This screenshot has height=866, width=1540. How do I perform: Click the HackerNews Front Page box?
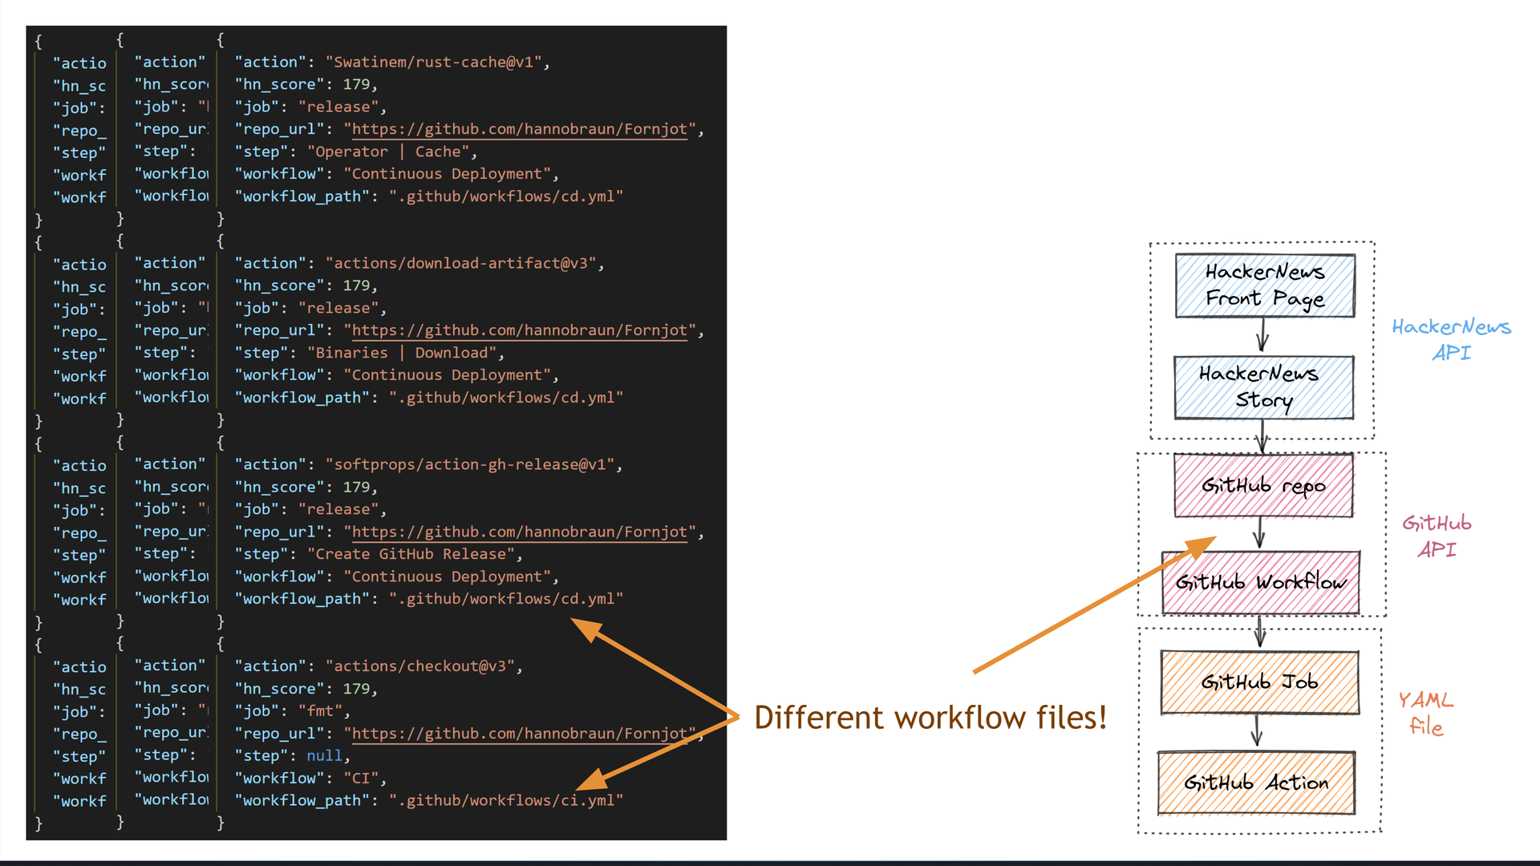(1264, 285)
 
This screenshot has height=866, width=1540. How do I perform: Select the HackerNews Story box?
(1263, 387)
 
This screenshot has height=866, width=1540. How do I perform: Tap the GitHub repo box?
(1262, 485)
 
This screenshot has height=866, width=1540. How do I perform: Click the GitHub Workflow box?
(1260, 582)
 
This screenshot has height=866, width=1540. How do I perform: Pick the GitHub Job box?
(1259, 682)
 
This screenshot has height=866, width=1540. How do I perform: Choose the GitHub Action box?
(1256, 783)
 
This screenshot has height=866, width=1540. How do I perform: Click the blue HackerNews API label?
(1451, 339)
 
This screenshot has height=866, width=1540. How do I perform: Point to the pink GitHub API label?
(1437, 536)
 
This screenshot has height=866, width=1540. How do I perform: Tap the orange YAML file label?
(1425, 713)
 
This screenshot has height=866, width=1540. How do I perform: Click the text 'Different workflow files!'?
(930, 717)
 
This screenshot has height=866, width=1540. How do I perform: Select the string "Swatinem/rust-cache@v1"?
(434, 62)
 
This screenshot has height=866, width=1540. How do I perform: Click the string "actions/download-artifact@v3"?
(461, 263)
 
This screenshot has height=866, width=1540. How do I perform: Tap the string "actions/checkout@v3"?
(420, 666)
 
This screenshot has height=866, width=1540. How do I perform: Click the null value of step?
(324, 755)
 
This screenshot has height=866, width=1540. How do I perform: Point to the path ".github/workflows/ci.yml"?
(506, 800)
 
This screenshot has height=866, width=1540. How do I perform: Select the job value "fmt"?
(320, 710)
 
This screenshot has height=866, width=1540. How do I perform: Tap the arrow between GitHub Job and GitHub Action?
(1257, 730)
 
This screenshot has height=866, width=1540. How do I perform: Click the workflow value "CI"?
(361, 778)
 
